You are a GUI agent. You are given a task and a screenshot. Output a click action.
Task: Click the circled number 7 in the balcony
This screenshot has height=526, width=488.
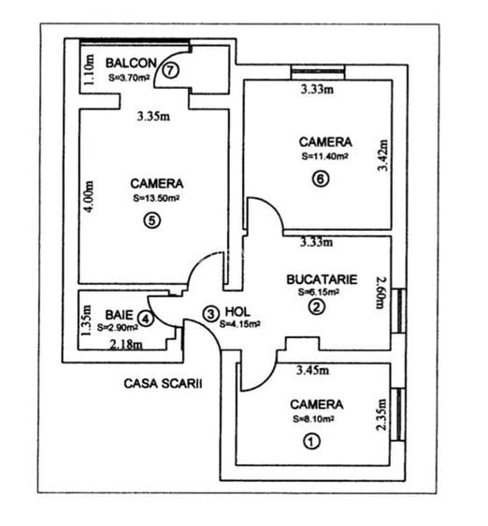[x=169, y=69]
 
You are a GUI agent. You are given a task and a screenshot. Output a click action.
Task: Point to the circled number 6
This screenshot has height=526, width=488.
[x=321, y=181]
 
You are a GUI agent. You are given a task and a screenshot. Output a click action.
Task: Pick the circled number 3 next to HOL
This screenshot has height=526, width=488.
[x=211, y=313]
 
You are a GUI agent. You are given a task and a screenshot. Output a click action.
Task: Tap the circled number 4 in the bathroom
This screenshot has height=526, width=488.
[x=145, y=318]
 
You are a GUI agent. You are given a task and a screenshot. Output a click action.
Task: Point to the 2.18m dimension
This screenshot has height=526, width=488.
[x=127, y=346]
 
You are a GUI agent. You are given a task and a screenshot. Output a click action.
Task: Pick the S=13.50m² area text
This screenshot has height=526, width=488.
[x=157, y=198]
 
